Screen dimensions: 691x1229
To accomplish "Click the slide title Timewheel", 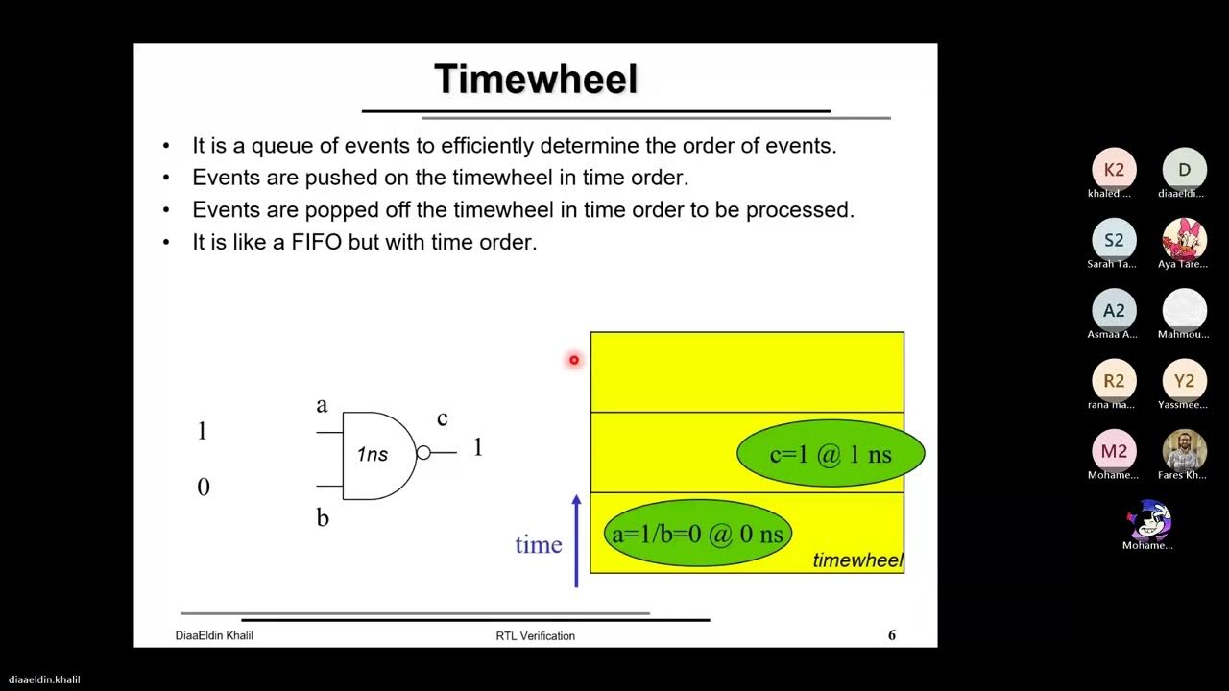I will [536, 79].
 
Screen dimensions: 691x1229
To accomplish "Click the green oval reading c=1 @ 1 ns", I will [831, 454].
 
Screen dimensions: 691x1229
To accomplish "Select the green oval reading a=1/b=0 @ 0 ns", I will [697, 534].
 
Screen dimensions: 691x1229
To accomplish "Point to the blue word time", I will [538, 544].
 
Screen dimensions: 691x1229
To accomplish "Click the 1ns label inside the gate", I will [373, 454].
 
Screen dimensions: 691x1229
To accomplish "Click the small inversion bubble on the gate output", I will [422, 453].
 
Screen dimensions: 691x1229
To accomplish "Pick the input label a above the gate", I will [322, 404].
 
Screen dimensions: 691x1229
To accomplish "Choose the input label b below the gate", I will [323, 518].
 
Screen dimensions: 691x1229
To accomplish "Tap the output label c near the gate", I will [442, 417].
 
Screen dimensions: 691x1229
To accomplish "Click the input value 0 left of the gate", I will [203, 488].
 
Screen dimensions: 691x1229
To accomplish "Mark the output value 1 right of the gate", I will [477, 447].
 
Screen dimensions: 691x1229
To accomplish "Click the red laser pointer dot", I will [574, 360].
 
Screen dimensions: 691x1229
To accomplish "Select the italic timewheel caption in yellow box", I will [857, 560].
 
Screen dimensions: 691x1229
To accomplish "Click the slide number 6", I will [891, 635].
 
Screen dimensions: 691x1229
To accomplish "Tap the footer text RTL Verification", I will [535, 635].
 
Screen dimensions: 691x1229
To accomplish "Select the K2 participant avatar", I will [1114, 170].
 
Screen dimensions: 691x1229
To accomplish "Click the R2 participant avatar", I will [1114, 381].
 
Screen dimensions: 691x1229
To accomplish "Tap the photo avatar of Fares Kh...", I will [1184, 451].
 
